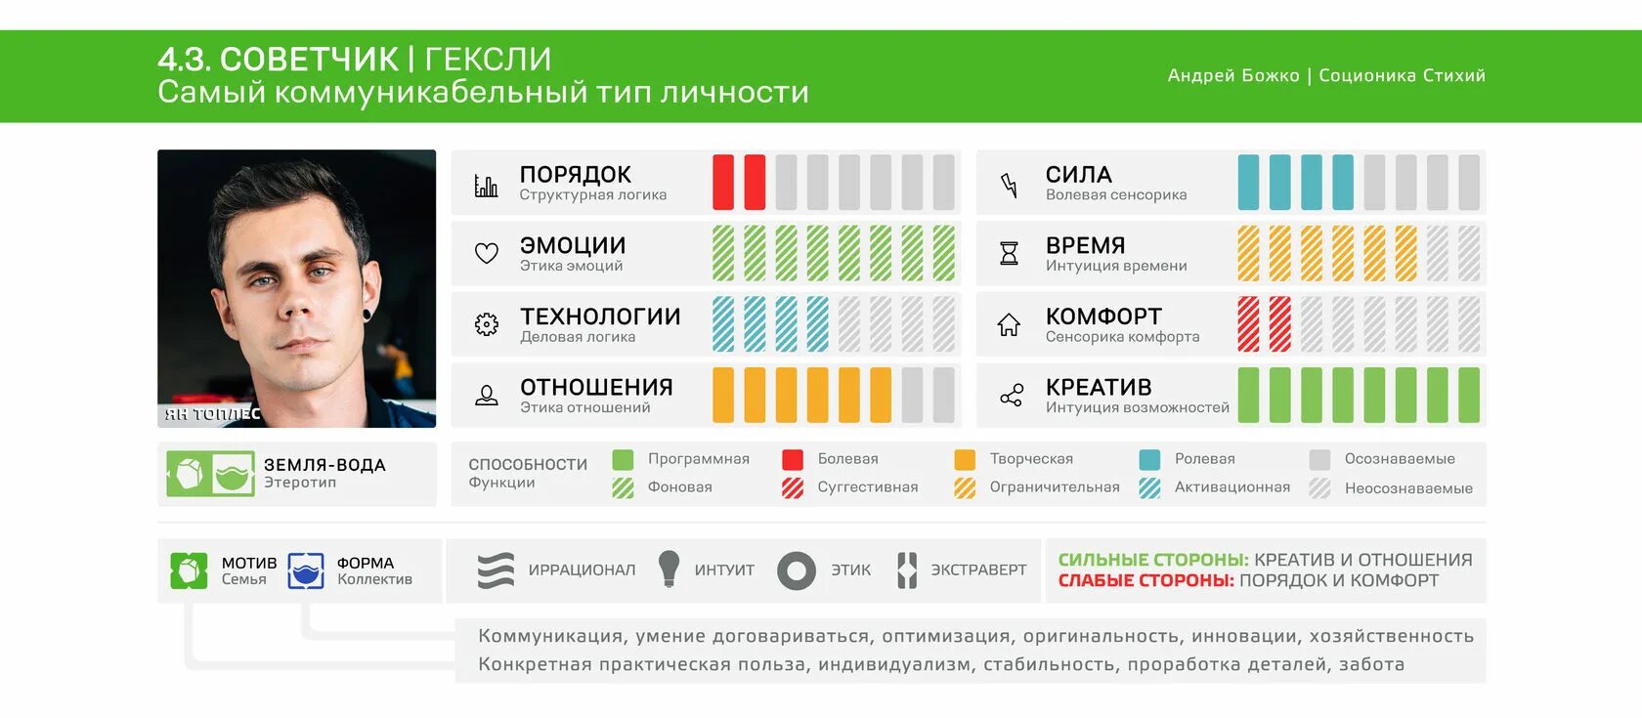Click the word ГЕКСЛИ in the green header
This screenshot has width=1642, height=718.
click(488, 59)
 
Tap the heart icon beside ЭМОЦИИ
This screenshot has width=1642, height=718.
click(486, 253)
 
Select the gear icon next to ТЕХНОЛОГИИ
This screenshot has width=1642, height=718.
click(486, 324)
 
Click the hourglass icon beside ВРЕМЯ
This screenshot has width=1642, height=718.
click(1009, 253)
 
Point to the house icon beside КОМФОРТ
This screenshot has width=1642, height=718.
click(1009, 324)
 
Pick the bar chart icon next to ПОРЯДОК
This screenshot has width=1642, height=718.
click(486, 185)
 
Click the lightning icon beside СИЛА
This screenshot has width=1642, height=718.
click(1009, 184)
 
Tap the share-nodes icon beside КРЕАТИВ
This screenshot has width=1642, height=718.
click(1011, 396)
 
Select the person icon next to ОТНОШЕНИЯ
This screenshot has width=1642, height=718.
click(486, 396)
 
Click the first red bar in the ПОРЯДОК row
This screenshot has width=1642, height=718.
click(723, 182)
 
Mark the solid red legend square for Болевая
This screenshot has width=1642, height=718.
click(793, 459)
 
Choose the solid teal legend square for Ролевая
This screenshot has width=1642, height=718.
click(1149, 459)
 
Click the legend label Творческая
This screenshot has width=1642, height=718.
click(1031, 459)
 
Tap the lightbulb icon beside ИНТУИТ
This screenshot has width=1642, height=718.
click(669, 569)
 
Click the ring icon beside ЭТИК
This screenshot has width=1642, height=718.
click(796, 570)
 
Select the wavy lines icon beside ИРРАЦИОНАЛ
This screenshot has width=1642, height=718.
click(496, 570)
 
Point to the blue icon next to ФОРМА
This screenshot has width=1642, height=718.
click(306, 570)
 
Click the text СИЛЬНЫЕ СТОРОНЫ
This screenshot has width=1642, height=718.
click(1153, 560)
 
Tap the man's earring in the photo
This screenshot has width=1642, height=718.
click(367, 314)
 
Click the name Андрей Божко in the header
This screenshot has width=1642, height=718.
click(1233, 75)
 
